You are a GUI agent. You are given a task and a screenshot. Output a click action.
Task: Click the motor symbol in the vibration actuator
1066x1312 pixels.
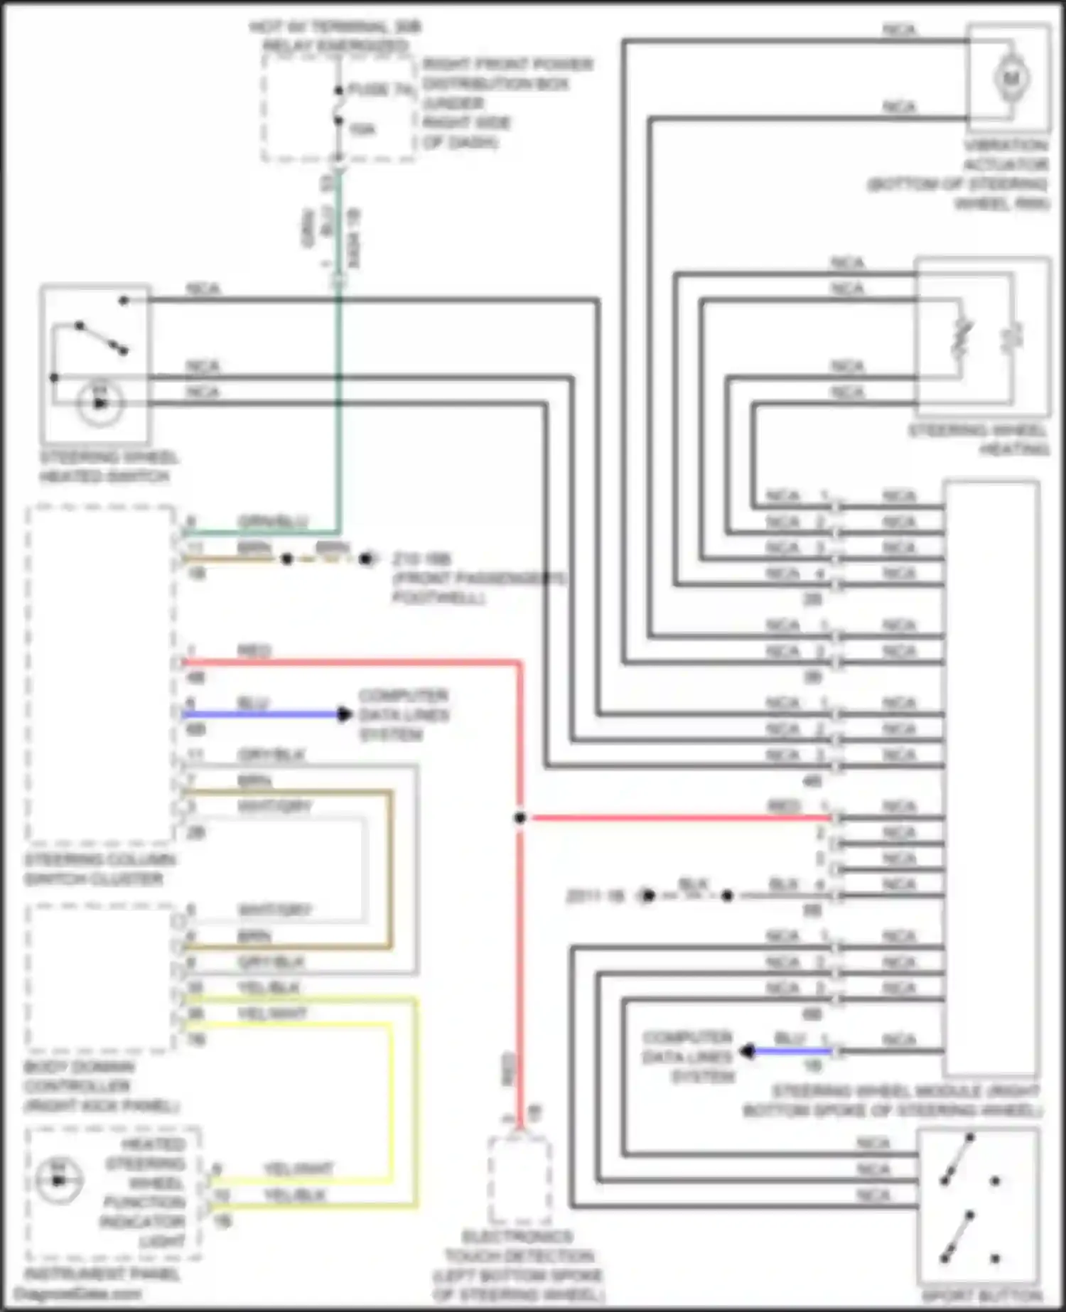[1010, 77]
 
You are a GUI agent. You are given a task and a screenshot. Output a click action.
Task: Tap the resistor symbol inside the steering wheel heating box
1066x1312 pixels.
[961, 337]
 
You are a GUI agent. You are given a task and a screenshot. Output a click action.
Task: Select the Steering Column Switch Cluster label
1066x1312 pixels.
[99, 869]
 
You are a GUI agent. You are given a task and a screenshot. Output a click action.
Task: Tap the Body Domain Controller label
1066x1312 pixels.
[99, 1086]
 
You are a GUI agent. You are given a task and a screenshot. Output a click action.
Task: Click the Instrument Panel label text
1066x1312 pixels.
[102, 1274]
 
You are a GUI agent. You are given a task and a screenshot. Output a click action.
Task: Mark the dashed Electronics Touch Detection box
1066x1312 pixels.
[519, 1180]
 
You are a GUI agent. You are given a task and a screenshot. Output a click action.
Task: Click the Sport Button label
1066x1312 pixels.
[981, 1295]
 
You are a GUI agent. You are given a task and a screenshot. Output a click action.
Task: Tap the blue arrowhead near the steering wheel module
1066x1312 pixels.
[747, 1050]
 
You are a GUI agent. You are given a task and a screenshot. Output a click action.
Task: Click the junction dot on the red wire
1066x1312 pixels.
[519, 818]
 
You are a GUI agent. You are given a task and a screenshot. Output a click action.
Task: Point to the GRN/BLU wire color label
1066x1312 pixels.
[272, 521]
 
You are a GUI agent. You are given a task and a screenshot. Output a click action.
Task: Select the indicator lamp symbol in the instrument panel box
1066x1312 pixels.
[58, 1181]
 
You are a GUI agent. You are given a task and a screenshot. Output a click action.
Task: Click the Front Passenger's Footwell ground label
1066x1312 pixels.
[479, 579]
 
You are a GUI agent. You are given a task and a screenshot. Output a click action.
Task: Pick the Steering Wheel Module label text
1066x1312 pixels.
[893, 1100]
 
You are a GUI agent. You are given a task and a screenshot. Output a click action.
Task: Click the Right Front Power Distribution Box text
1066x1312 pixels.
[507, 103]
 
